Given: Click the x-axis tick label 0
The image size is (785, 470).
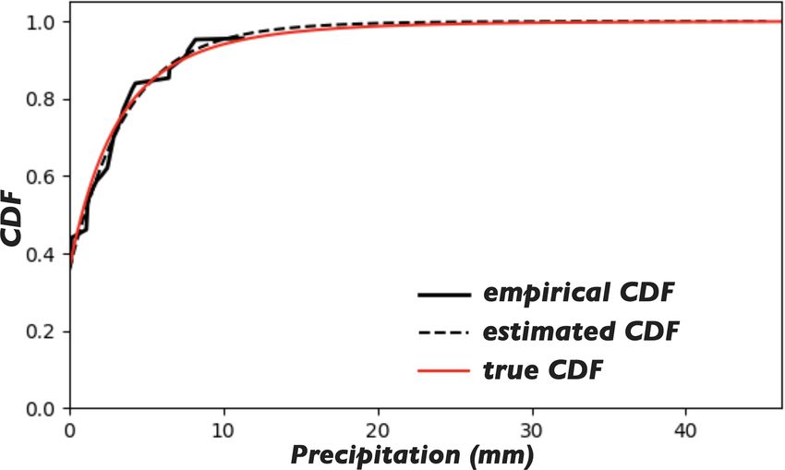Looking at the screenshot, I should pos(69,429).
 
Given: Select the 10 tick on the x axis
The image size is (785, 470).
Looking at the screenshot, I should pos(223,429).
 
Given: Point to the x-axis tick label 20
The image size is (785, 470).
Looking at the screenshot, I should pos(377,429).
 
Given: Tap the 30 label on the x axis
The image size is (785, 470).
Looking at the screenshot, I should pos(531,429).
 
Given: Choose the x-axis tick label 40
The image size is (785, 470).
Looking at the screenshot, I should pos(684,429).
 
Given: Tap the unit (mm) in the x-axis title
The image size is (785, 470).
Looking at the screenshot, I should pos(502,454).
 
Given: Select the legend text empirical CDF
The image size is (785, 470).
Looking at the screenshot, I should pos(578,294).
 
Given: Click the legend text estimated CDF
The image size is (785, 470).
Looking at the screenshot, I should pos(582,331).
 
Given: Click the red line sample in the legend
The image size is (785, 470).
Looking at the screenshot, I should pos(443,371).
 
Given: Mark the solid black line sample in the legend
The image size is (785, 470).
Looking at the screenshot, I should pos(443,295).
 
